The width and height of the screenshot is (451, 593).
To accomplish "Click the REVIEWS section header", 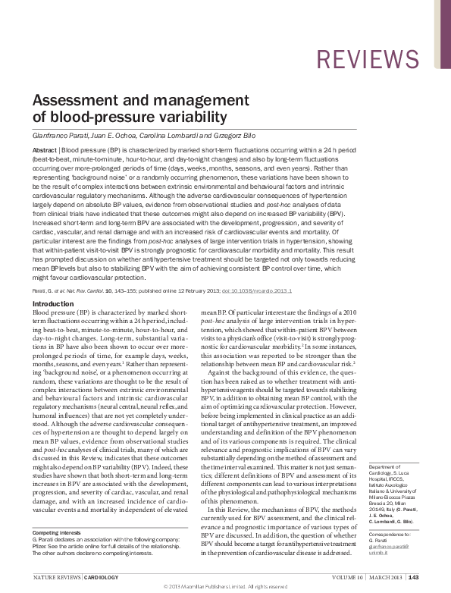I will click(366, 59).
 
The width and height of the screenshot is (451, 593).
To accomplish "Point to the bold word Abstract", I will click(44, 151).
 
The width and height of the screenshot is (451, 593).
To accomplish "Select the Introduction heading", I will click(53, 303).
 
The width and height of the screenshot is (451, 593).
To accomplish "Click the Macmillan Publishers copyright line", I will click(225, 587).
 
